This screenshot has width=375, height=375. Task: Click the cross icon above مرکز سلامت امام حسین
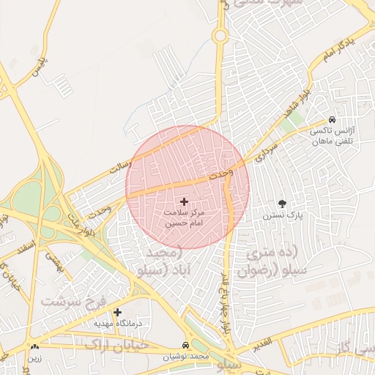click(x=184, y=201)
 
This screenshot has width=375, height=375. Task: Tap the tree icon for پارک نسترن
click(x=282, y=204)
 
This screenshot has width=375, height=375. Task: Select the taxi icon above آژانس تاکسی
click(x=333, y=119)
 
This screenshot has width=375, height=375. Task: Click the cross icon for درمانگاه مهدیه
click(x=117, y=312)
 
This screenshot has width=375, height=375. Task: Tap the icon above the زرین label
click(x=34, y=346)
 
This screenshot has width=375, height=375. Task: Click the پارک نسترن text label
click(x=283, y=216)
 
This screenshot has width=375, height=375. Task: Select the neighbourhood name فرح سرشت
click(x=73, y=300)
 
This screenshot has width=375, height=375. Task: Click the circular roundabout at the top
click(x=219, y=35)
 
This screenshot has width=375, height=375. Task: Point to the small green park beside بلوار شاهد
click(x=289, y=125)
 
